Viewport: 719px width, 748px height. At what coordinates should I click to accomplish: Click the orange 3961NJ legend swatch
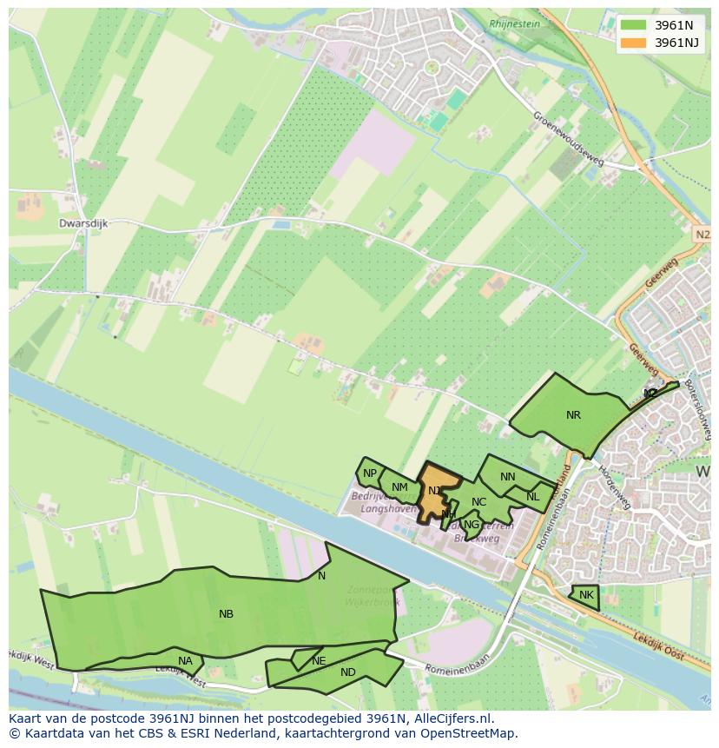(x=633, y=42)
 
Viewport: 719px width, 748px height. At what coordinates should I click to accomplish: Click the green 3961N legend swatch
(x=633, y=24)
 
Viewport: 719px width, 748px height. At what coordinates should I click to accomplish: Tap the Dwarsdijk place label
(x=83, y=223)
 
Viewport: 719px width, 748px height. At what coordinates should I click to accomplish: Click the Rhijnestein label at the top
(x=514, y=24)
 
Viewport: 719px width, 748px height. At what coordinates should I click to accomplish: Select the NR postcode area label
(x=573, y=415)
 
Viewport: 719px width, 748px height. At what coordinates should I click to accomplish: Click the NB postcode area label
(x=226, y=614)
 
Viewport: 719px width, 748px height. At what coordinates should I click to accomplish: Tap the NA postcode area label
(x=185, y=661)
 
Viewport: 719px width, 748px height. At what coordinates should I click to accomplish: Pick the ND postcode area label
(x=348, y=672)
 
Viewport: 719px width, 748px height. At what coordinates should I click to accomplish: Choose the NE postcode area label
(x=319, y=661)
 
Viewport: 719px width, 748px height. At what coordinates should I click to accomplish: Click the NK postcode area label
(x=586, y=595)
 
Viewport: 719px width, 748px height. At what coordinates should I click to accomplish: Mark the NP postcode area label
(x=370, y=473)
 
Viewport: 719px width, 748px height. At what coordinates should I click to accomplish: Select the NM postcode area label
(x=399, y=487)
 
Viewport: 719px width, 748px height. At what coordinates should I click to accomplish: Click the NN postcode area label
(x=508, y=477)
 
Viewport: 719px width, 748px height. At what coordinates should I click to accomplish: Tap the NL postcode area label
(x=532, y=497)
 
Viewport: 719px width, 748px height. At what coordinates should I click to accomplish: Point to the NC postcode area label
(x=478, y=502)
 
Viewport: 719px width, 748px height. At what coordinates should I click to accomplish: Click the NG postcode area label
(x=472, y=525)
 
